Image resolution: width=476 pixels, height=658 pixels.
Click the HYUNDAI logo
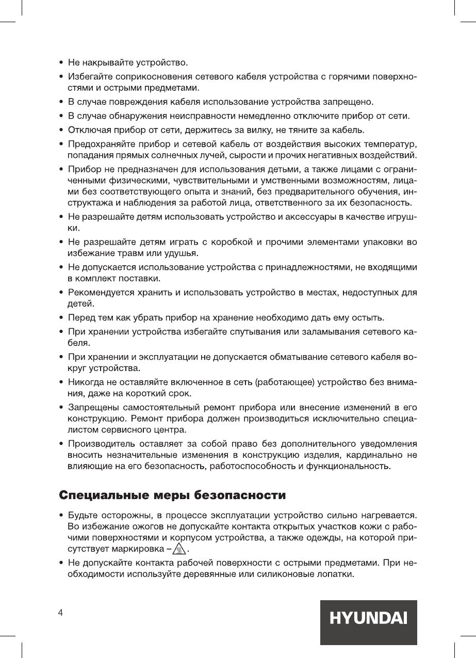click(x=368, y=618)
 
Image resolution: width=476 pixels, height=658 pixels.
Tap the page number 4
click(x=61, y=613)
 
